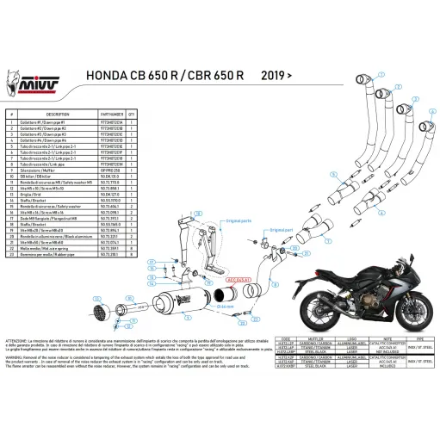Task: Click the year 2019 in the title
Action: pyautogui.click(x=272, y=75)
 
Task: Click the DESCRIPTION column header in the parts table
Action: pyautogui.click(x=58, y=114)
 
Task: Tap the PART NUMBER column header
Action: pyautogui.click(x=138, y=114)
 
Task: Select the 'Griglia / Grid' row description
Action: pyautogui.click(x=45, y=195)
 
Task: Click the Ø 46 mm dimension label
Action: pyautogui.click(x=226, y=306)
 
